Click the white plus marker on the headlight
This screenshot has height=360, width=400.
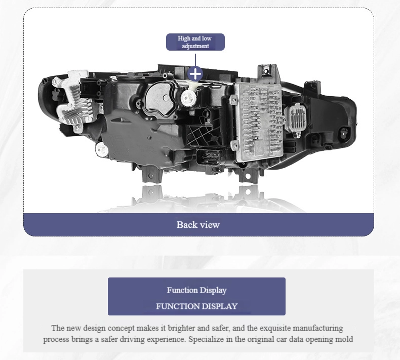click(195, 74)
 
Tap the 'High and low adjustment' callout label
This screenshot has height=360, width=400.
click(195, 42)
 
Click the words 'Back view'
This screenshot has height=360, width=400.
click(198, 225)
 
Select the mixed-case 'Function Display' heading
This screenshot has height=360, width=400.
click(196, 290)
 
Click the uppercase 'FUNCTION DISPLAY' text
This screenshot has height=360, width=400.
click(196, 306)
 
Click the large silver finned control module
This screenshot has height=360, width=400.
click(258, 122)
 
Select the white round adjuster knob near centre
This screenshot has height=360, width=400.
click(188, 98)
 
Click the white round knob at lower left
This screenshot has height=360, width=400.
click(102, 149)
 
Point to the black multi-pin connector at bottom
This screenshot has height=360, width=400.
click(209, 158)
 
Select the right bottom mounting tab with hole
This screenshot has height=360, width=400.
click(248, 176)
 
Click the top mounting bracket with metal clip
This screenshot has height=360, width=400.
click(267, 72)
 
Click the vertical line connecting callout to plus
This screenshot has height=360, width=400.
click(195, 60)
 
